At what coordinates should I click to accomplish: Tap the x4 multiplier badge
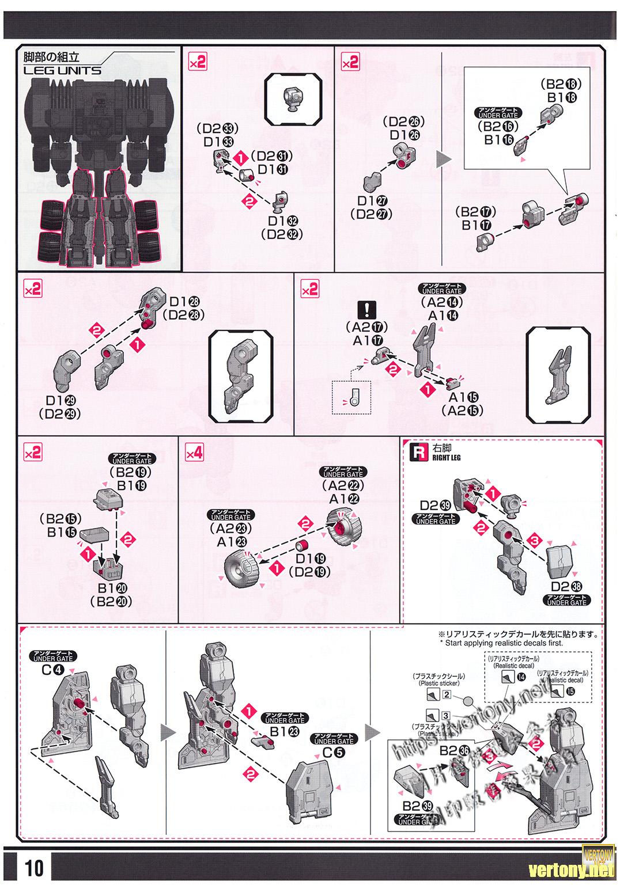point(194,453)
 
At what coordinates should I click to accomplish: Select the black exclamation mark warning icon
point(365,311)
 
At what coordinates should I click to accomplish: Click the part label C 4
point(52,671)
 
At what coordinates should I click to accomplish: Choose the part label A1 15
point(462,398)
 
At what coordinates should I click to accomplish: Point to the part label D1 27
point(372,201)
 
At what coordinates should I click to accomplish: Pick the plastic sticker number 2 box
point(447,695)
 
